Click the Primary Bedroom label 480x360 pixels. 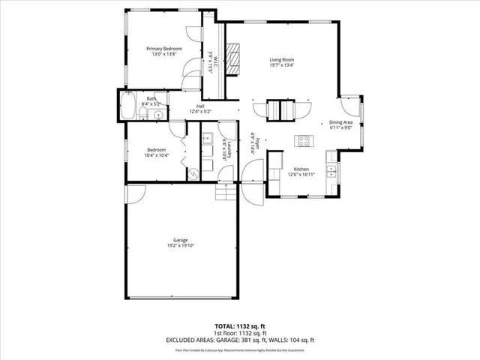[163, 49]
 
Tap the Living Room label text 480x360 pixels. [281, 59]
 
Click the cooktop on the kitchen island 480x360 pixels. [305, 139]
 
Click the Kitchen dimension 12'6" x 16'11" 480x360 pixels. [301, 174]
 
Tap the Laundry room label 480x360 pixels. [224, 151]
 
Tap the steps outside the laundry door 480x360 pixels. [226, 193]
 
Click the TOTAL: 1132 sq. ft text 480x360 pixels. [240, 327]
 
